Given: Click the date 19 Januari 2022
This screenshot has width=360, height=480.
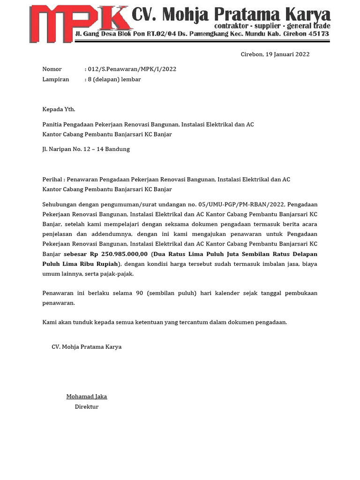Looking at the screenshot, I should pos(287,54).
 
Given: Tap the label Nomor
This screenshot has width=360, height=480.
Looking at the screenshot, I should pos(52,69).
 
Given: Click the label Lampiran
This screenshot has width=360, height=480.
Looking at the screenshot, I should pos(56,79).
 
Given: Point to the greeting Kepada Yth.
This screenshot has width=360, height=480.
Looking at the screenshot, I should pos(59,109).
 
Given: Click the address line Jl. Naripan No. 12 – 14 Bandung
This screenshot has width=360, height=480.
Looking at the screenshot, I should pos(86,149).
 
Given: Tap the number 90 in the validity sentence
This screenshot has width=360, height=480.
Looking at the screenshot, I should pos(139,293).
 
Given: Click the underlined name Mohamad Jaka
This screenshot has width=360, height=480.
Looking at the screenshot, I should pos(87,397).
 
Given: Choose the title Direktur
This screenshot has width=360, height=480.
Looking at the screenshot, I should pos(87,406).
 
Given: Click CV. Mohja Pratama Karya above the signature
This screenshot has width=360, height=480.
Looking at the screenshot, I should pos(87,347).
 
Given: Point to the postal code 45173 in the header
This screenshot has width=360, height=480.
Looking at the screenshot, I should pos(316,34).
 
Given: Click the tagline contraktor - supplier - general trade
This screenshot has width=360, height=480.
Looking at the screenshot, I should pos(272,25).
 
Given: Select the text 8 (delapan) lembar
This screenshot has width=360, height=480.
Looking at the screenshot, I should pos(114,79).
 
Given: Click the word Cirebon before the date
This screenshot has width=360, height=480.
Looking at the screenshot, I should pos(252,54).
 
